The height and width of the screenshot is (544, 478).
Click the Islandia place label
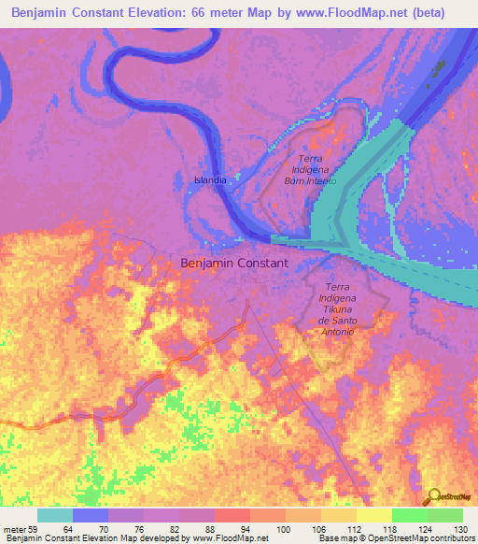click(x=209, y=179)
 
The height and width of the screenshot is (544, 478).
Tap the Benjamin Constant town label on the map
click(x=246, y=264)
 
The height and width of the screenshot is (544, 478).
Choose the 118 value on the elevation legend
click(x=374, y=529)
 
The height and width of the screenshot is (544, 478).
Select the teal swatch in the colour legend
click(x=55, y=515)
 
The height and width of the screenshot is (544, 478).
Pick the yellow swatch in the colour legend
click(x=374, y=515)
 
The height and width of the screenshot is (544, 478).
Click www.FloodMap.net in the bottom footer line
click(x=230, y=539)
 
